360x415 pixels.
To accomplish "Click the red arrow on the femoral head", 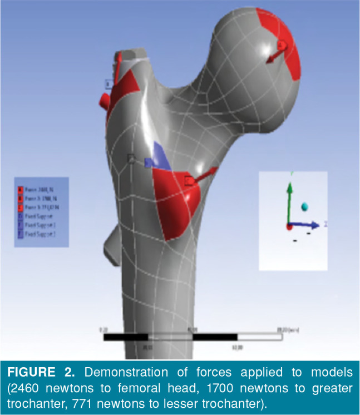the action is coord(276,51).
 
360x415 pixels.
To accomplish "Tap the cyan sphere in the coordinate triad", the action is coord(304,207).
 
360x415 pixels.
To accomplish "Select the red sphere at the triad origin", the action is coord(289,226).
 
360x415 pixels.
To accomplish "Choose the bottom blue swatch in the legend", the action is coord(21,234).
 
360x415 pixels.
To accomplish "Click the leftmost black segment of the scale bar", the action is coord(126,337).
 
